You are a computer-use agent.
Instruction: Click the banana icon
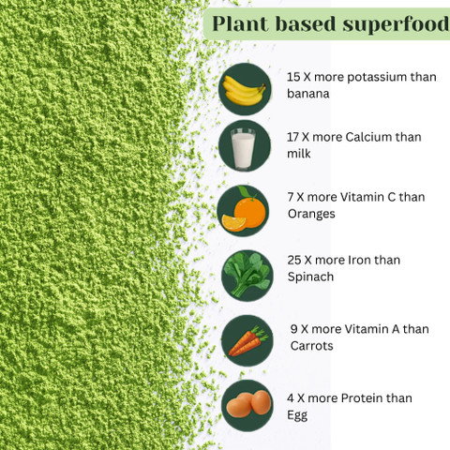pos(245,89)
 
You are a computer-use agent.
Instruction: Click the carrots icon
pos(247,340)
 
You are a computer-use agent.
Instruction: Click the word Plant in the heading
pos(240,23)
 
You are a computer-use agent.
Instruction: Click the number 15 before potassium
pos(293,77)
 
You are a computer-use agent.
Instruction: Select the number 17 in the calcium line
pos(293,137)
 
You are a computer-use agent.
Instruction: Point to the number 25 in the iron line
pos(294,260)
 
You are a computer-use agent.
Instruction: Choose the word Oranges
pos(311,215)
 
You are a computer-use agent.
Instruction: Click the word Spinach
pos(310,277)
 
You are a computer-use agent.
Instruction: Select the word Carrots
pos(311,346)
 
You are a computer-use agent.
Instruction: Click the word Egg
pos(297,416)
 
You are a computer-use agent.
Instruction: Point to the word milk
pos(299,154)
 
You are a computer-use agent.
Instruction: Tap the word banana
pos(308,94)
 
